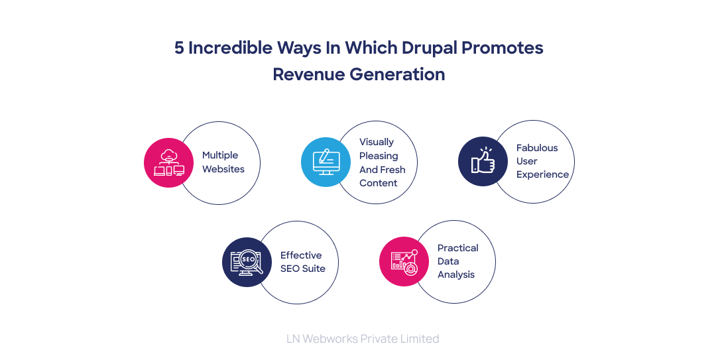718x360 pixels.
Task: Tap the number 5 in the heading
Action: point(179,48)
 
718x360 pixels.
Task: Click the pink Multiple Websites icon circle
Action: point(168,162)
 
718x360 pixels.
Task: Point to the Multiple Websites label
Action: point(223,162)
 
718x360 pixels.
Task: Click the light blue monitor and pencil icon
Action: point(326,162)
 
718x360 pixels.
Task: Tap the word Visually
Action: point(377,142)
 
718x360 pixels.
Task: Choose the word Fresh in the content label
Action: point(392,169)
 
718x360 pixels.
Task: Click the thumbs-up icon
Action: point(483,162)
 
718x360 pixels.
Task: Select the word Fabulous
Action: point(537,148)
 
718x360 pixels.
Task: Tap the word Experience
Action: point(542,174)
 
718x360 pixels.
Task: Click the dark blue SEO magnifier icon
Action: point(247,263)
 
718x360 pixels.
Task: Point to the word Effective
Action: point(301,255)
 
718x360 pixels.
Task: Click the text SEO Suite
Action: point(302,269)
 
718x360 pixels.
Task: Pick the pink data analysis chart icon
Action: point(404,262)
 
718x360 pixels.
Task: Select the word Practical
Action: point(457,248)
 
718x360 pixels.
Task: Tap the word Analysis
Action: point(456,274)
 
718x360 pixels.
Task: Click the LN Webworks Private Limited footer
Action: point(363,339)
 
